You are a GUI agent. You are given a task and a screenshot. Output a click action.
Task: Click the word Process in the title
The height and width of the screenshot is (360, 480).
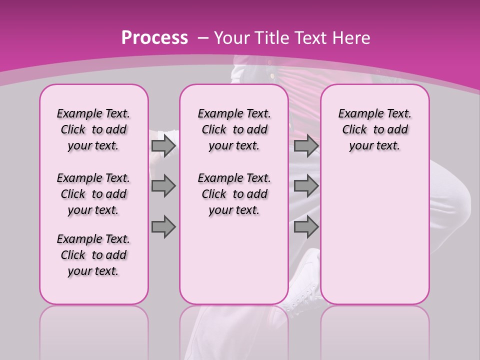[154, 37]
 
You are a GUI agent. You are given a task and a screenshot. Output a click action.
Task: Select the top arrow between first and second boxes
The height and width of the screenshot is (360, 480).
[163, 145]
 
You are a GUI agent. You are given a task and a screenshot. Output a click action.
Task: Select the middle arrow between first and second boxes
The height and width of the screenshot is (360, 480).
[163, 186]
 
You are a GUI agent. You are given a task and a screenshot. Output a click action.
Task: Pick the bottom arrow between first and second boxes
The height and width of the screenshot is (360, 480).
[163, 226]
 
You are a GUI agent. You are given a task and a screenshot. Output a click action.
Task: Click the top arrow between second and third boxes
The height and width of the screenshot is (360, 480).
[306, 145]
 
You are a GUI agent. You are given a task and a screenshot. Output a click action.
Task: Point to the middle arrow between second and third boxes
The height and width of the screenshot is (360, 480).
[306, 186]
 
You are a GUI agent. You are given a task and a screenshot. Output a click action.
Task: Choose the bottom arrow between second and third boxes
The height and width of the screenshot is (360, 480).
[306, 226]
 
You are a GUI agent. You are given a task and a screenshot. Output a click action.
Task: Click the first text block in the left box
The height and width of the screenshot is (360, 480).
[93, 129]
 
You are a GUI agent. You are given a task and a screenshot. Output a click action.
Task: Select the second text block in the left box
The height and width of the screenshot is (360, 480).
[93, 194]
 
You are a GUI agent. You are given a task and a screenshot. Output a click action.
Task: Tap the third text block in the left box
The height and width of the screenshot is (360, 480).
[93, 255]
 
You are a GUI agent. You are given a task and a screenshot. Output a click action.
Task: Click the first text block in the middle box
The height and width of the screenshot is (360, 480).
[234, 129]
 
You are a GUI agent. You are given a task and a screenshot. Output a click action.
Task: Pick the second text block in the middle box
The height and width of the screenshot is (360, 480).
[234, 194]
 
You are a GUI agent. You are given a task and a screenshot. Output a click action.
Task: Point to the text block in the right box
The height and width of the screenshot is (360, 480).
[375, 129]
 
